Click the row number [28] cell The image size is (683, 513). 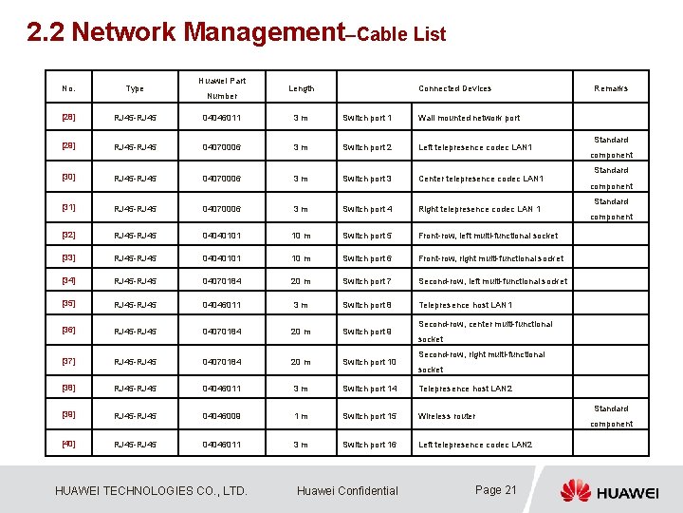[68, 118]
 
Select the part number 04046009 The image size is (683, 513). [220, 416]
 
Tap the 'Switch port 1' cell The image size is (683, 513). [367, 118]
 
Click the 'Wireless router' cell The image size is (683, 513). [447, 416]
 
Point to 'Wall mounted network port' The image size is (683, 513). [469, 118]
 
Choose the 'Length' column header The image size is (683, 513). [301, 88]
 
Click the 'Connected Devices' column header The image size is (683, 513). [455, 88]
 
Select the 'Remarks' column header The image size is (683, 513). [611, 88]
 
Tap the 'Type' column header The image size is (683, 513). [135, 88]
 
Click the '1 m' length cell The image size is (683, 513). [301, 416]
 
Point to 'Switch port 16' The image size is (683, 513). [370, 445]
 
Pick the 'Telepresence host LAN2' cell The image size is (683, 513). [465, 389]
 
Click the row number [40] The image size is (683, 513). [68, 445]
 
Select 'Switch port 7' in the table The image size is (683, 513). [367, 281]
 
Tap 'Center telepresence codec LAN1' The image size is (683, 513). [481, 179]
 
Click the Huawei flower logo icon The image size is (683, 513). [575, 491]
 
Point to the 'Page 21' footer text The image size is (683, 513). [495, 490]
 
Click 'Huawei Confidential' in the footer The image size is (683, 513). [347, 491]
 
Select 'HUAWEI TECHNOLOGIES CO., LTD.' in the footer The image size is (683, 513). [152, 491]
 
